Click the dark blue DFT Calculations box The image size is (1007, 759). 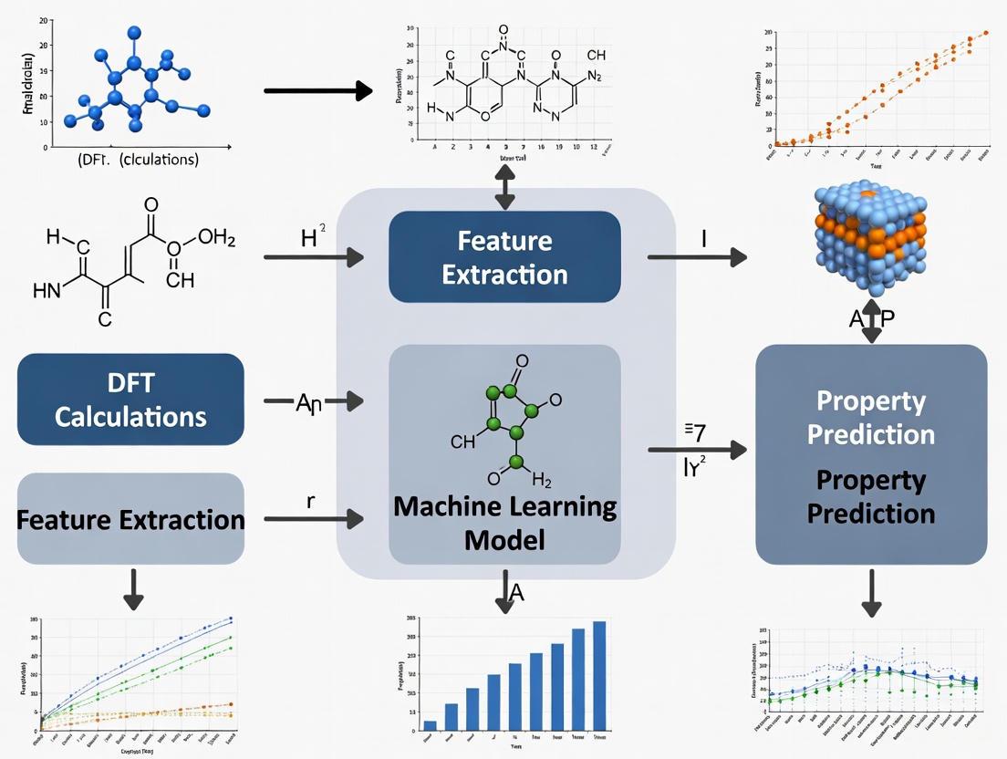[x=130, y=400]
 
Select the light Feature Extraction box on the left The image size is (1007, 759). [x=130, y=518]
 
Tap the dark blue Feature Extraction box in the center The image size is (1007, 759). [x=504, y=256]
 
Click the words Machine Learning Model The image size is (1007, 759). [x=504, y=523]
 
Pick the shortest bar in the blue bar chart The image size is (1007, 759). [x=430, y=724]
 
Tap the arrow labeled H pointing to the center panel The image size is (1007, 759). [x=313, y=258]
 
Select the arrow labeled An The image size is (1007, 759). [x=313, y=400]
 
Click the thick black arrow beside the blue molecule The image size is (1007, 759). [x=317, y=90]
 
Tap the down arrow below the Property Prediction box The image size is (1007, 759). [x=871, y=594]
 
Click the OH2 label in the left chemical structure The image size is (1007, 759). [x=216, y=240]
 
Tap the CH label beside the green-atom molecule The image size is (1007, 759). [x=463, y=442]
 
